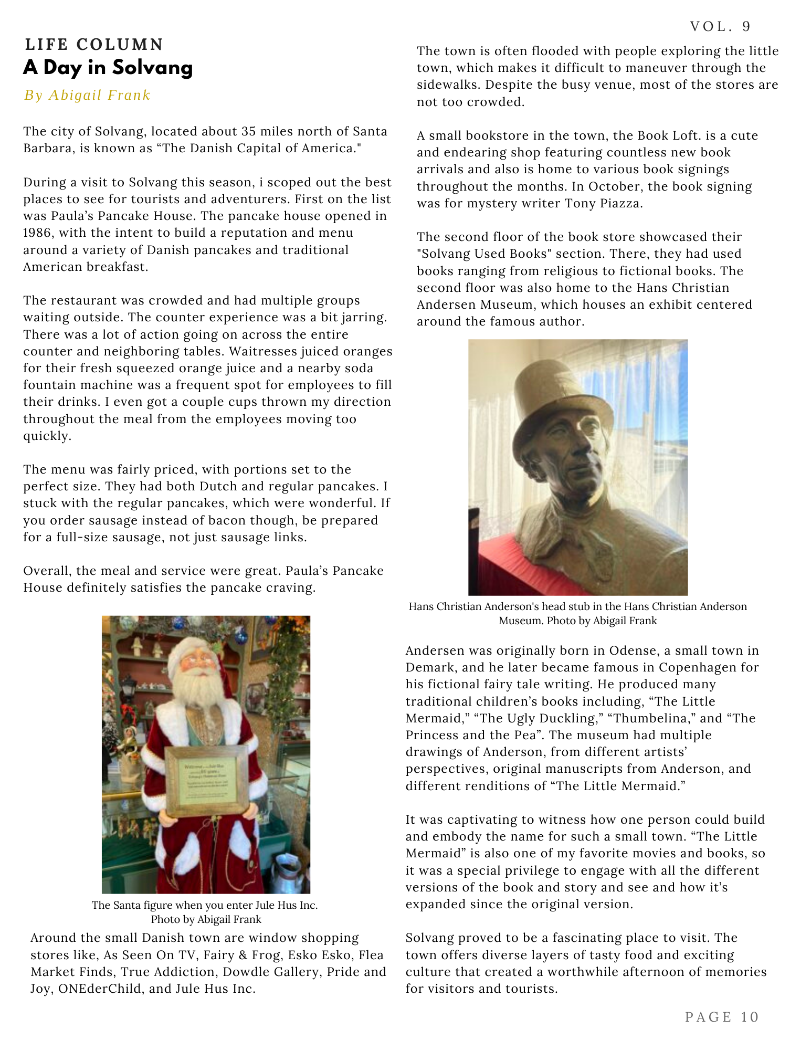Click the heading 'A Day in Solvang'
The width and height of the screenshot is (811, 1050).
click(x=108, y=68)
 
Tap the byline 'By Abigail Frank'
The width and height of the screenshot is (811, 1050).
click(x=87, y=95)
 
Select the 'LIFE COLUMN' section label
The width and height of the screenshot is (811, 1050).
click(x=94, y=45)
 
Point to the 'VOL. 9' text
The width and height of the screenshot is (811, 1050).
click(x=721, y=27)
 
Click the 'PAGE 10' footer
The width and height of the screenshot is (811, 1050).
click(x=722, y=1017)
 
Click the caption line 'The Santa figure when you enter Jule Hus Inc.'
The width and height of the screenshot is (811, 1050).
click(x=205, y=905)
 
